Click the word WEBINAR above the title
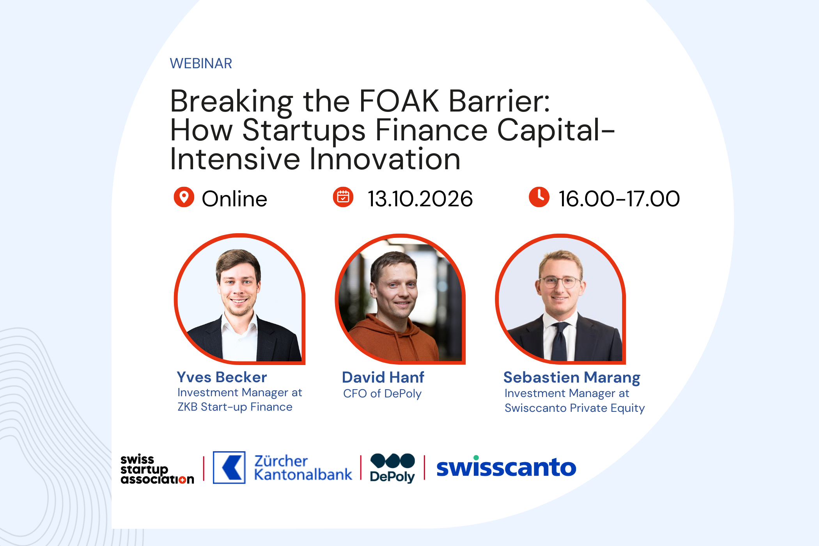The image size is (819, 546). tap(201, 63)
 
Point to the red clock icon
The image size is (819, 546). tap(539, 197)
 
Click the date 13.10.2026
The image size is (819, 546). tap(420, 199)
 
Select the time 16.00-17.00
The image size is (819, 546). tap(619, 199)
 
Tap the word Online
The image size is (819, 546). tap(234, 199)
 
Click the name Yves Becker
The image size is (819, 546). tap(222, 377)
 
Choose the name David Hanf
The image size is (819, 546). tap(383, 377)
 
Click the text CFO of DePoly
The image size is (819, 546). tap(382, 394)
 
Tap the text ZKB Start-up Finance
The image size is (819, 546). tap(235, 407)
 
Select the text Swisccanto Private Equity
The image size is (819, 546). tap(574, 408)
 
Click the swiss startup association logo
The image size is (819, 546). tap(157, 469)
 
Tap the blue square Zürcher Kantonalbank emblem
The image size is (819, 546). tap(229, 468)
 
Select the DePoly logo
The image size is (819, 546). tap(392, 468)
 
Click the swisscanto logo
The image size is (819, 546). tap(506, 467)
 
